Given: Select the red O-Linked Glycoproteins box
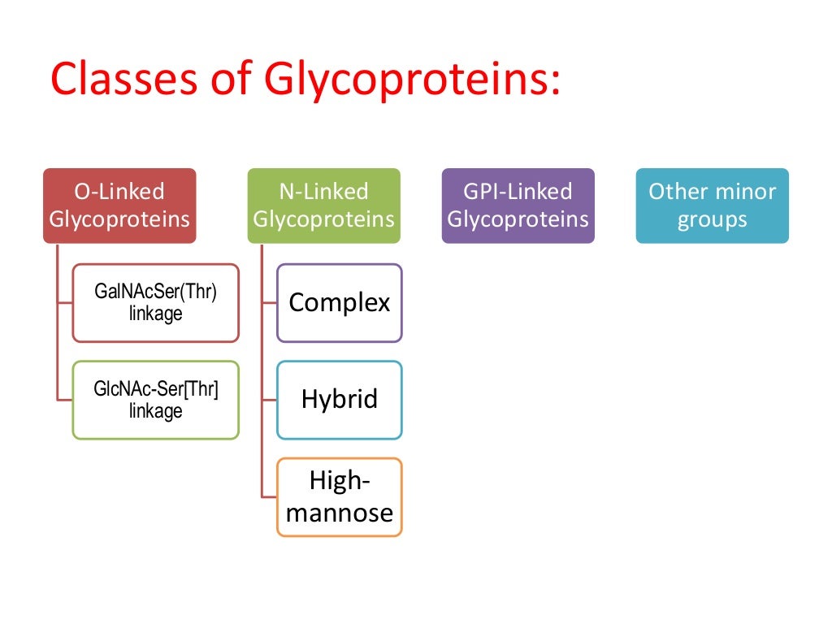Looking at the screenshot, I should (119, 205).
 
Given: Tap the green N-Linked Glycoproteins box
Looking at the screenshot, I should (323, 205).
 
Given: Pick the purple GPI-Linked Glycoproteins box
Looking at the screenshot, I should (518, 205).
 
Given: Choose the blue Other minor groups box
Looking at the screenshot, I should (712, 205).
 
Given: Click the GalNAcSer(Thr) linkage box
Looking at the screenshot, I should (155, 302).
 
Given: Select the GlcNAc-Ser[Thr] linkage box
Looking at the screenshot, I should (155, 400).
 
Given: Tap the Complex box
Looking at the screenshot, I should (339, 302).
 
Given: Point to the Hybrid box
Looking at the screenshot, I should (339, 400).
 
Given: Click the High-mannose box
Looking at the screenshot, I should (339, 496).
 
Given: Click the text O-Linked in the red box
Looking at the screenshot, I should (119, 192).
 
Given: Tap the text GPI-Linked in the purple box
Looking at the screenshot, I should (518, 192).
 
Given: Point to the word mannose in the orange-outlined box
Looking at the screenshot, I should (340, 513).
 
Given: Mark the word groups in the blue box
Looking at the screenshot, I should (713, 219).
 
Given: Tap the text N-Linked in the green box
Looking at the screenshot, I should (323, 192).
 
